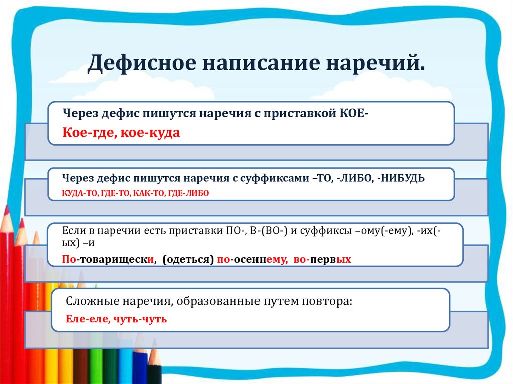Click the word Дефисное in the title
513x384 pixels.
(x=142, y=62)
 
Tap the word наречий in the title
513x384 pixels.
(x=375, y=62)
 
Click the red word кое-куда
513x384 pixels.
(x=150, y=133)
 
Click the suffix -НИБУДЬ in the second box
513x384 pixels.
(x=401, y=178)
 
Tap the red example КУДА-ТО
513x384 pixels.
(x=80, y=193)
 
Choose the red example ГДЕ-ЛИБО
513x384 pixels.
(x=188, y=193)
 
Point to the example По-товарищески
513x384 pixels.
(x=108, y=259)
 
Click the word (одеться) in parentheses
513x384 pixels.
(x=188, y=259)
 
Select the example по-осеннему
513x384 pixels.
(x=252, y=259)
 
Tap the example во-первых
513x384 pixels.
(x=322, y=259)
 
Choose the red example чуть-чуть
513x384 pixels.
(x=140, y=319)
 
